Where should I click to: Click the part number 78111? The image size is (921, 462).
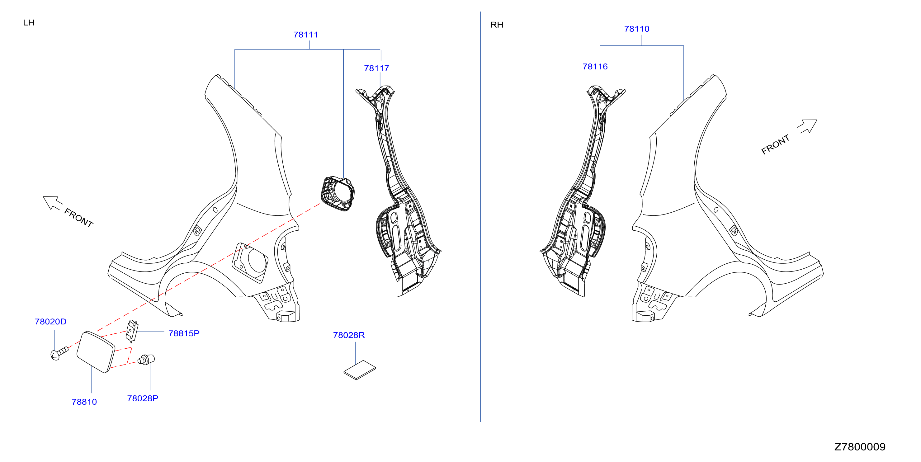coord(306,35)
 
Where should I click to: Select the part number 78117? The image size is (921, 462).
coord(376,68)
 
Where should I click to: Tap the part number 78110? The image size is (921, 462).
coord(637,29)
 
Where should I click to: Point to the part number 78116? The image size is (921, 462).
coord(595,67)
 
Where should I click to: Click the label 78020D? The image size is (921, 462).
coord(50,322)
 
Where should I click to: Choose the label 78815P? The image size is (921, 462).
coord(184,333)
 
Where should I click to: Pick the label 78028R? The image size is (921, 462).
coord(349,335)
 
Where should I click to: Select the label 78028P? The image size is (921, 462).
coord(143,398)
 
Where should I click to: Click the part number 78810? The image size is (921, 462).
coord(84,402)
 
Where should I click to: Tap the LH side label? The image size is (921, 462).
coord(29,22)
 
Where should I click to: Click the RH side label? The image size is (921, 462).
coord(497,25)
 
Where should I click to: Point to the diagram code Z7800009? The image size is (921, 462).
coord(860,447)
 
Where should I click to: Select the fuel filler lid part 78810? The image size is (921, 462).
coord(96,352)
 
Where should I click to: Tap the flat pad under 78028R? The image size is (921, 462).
coord(360,370)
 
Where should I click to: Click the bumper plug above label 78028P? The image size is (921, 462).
coord(146,359)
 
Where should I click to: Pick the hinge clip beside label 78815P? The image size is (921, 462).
coord(132,331)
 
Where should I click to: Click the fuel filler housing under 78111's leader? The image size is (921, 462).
coord(338,193)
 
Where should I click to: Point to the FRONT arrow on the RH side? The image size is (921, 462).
coord(807,126)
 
